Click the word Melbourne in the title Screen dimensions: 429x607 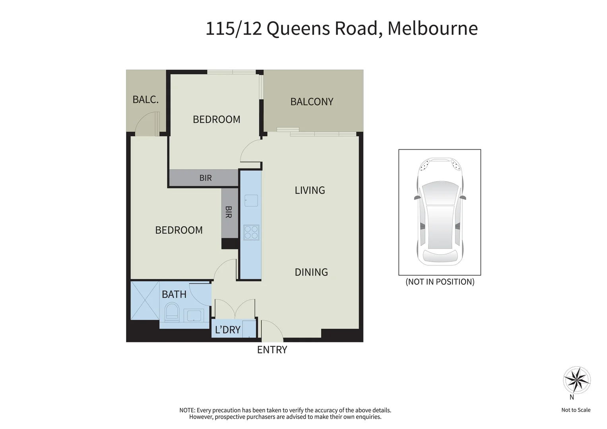pos(432,28)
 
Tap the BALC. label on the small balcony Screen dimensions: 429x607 pos(145,99)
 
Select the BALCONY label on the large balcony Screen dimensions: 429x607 pos(312,102)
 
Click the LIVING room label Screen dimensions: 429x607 pos(310,190)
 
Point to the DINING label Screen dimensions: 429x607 pos(311,272)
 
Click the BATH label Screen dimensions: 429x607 pos(174,294)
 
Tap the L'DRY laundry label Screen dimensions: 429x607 pos(227,330)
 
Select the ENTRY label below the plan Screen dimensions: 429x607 pos(272,350)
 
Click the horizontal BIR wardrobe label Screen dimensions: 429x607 pos(206,178)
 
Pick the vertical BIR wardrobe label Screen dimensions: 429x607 pos(229,212)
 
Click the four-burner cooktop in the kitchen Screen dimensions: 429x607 pos(251,232)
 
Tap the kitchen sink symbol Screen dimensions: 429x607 pos(251,201)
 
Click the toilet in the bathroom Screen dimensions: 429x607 pos(172,311)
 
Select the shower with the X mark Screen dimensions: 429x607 pos(145,300)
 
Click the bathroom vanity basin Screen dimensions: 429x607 pos(194,315)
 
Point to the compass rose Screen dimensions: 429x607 pos(576,380)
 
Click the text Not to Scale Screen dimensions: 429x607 pos(576,410)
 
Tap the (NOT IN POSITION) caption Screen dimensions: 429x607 pos(440,282)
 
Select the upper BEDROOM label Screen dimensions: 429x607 pos(216,119)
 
